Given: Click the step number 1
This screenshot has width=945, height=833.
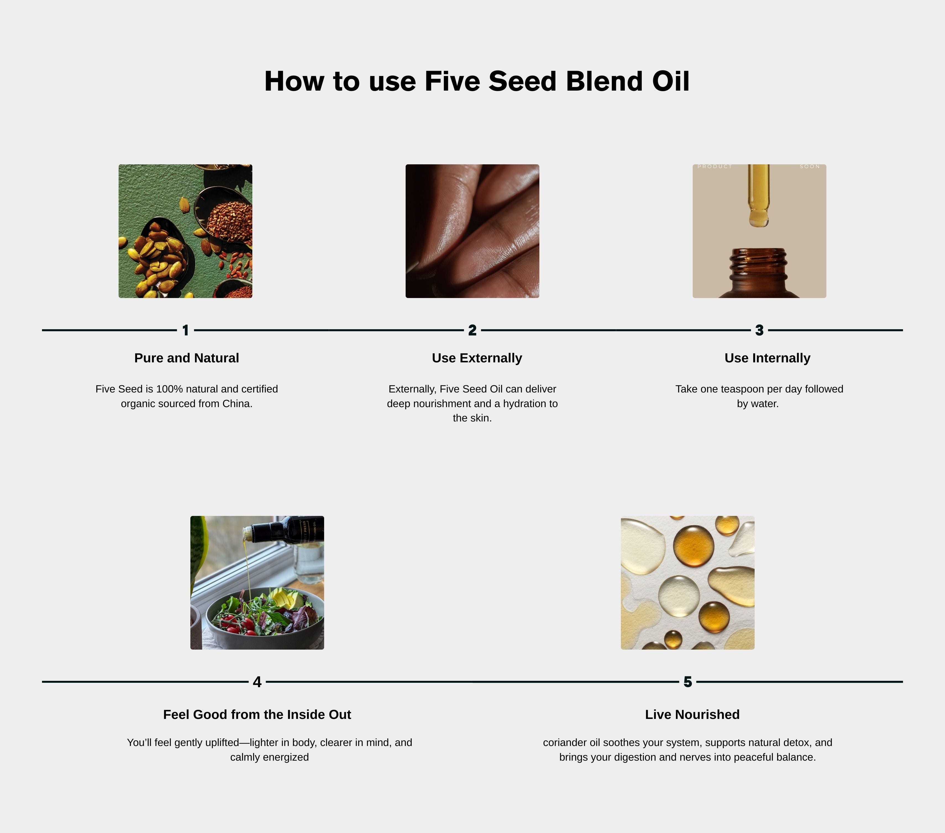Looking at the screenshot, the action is pos(185,330).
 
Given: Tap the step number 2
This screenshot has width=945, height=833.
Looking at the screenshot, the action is pos(472,330).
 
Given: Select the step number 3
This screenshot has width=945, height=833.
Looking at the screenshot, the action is pos(759,330).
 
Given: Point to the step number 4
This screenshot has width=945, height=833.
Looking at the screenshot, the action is pos(257,682).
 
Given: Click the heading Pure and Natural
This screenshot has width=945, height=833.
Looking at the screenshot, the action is pos(187,358).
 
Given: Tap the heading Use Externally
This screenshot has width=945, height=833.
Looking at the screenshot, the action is pos(477,358).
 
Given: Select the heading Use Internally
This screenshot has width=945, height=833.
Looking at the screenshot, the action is pos(767,358).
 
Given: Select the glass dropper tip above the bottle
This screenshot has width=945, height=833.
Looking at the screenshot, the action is pos(759,217).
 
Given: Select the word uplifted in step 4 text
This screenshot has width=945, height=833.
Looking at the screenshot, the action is pos(222,742).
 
